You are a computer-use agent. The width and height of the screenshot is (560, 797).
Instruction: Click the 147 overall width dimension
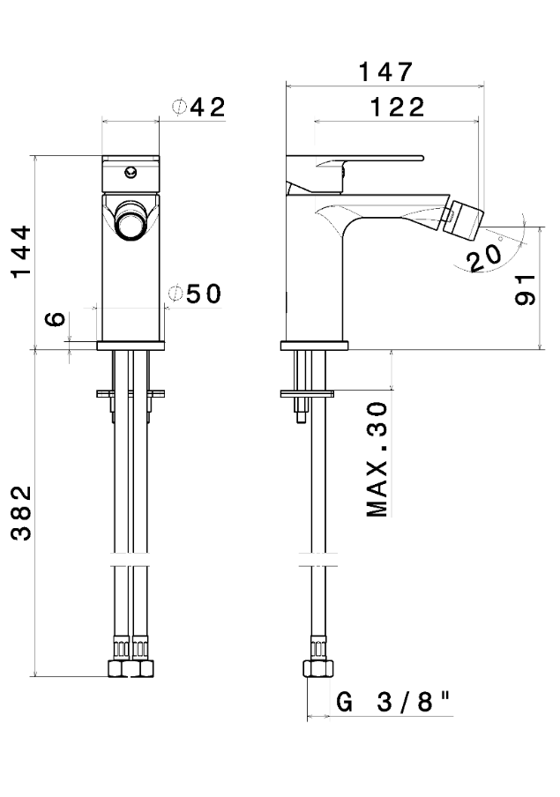point(385,72)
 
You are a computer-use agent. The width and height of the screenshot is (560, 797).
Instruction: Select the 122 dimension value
point(397,108)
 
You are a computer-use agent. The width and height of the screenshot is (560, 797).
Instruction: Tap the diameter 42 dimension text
point(199,108)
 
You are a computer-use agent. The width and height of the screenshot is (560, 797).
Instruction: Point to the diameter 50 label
point(195,294)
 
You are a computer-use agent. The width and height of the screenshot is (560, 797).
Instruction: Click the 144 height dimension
point(21,251)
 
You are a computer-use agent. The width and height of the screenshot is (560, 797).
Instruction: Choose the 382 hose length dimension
point(22,513)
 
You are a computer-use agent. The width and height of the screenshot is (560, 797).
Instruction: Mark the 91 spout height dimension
point(525,290)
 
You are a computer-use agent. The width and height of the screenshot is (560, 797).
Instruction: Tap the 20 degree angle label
point(485,258)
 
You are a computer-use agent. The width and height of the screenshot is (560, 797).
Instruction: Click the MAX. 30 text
point(377,460)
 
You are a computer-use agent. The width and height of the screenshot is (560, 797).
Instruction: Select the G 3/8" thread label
point(393,702)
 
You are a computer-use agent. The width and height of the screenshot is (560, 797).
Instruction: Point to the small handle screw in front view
point(131,172)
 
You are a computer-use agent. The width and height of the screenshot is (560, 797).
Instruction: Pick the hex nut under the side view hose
point(318,669)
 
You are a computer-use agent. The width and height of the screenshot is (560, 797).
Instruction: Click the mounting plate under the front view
point(131,393)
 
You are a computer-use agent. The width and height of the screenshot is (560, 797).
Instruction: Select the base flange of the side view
point(314,346)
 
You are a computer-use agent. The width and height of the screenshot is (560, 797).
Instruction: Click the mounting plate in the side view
point(307,393)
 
